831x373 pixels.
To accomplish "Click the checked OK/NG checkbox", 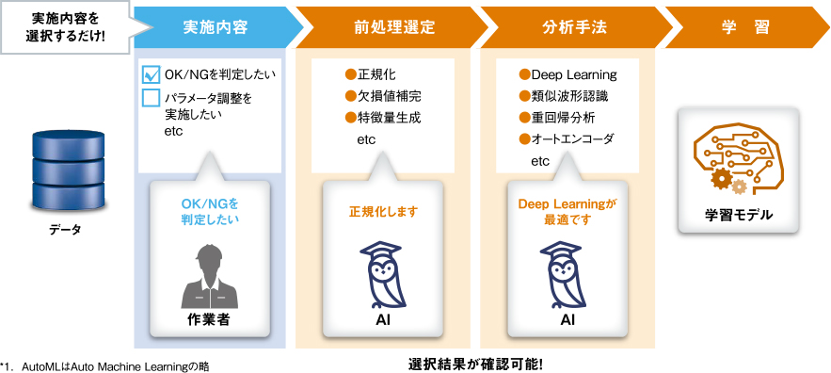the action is tap(151, 75).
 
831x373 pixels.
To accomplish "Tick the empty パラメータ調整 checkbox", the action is tap(151, 98).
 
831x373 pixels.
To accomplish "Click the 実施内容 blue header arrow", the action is tap(215, 27).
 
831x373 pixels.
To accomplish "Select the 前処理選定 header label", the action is tap(395, 27).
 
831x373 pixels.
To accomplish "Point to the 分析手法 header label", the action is tap(574, 27).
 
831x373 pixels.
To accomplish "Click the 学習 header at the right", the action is tap(744, 27).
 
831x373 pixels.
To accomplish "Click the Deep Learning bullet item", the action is tap(568, 74).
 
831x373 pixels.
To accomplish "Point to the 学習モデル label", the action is tap(738, 216).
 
